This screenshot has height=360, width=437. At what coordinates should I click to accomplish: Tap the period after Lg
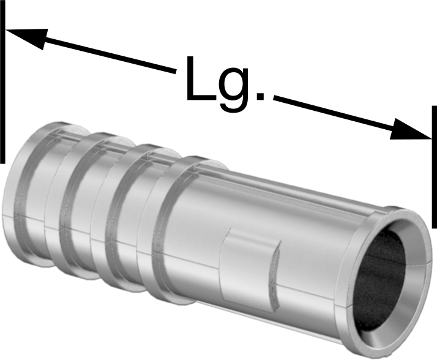(x=260, y=96)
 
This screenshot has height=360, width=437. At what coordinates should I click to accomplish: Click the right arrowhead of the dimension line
(x=409, y=130)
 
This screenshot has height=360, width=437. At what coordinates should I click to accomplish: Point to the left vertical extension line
(x=2, y=81)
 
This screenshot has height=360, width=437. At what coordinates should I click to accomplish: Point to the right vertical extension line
(x=434, y=167)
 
